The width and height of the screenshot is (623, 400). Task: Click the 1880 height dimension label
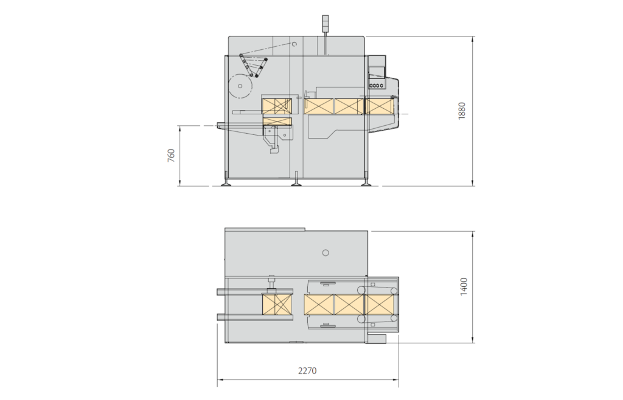click(462, 111)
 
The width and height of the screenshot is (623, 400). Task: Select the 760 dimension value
click(171, 155)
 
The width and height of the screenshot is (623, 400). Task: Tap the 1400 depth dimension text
click(464, 286)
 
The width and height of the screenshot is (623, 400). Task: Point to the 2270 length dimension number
click(307, 370)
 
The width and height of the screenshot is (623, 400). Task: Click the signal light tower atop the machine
click(325, 22)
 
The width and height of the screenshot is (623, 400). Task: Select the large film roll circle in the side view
click(243, 88)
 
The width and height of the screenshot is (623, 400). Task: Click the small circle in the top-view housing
click(325, 252)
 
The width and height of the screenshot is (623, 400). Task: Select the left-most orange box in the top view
click(277, 304)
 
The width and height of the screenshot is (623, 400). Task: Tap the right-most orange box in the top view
click(380, 304)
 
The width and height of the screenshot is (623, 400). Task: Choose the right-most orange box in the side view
click(380, 106)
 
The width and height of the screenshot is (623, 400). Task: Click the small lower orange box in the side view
click(277, 120)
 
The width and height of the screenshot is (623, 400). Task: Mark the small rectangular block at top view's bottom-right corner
click(377, 338)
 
